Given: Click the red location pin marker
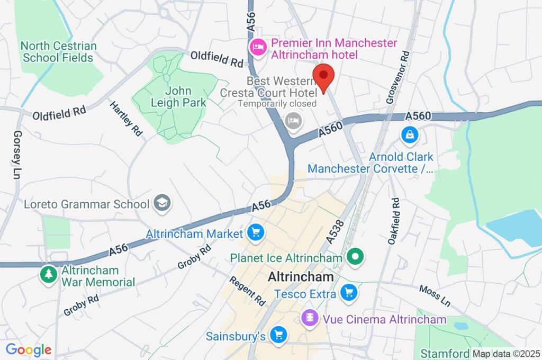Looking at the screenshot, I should click(323, 77).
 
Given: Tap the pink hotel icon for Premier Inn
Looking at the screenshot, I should click(257, 47).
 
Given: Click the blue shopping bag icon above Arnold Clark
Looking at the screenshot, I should click(410, 135).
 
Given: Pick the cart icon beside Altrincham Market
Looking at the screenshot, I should click(256, 232).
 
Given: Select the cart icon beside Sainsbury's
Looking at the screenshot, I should click(277, 335).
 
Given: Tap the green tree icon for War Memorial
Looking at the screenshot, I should click(49, 274).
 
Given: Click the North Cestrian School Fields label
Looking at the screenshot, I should click(58, 52).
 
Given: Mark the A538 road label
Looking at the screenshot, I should click(335, 231).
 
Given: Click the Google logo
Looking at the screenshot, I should click(29, 350).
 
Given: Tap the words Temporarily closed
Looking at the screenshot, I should click(277, 104).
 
